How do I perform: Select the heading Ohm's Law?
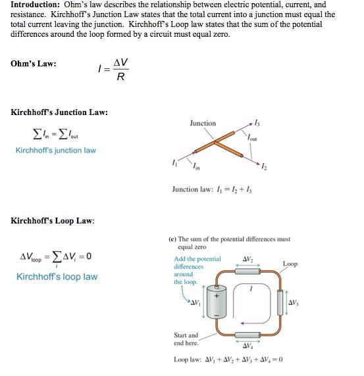(x=34, y=64)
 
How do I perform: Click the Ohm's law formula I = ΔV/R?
(x=113, y=69)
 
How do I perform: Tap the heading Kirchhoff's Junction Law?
(x=60, y=112)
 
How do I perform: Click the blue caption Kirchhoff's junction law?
(x=56, y=151)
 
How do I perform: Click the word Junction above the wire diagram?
(x=202, y=123)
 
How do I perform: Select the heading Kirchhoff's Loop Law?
(x=53, y=220)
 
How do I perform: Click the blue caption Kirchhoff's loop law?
(x=57, y=277)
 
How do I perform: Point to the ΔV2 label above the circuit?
(x=249, y=257)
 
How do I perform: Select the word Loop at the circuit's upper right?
(x=290, y=264)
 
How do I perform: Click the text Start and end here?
(x=185, y=339)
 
